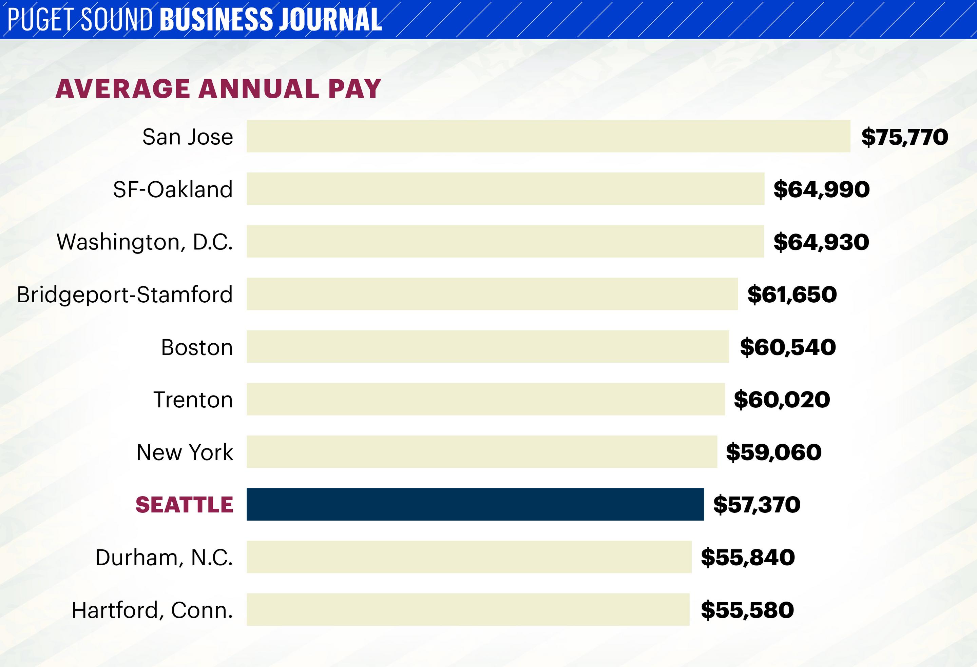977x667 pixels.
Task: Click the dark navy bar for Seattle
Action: click(x=475, y=504)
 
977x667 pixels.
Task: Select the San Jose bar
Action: click(x=548, y=136)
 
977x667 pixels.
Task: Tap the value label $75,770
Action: click(x=905, y=137)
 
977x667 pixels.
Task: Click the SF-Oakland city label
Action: click(x=173, y=189)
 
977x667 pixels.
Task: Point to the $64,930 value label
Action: click(x=821, y=242)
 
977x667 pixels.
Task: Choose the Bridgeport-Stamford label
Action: click(x=124, y=295)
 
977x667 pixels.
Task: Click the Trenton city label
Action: click(x=193, y=400)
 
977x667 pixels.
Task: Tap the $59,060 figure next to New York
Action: click(x=773, y=452)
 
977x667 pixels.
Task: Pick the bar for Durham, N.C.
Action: click(x=469, y=557)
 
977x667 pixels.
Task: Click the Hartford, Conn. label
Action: click(x=152, y=610)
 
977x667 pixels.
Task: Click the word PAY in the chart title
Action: click(x=355, y=89)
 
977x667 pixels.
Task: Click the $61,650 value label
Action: click(x=791, y=295)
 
